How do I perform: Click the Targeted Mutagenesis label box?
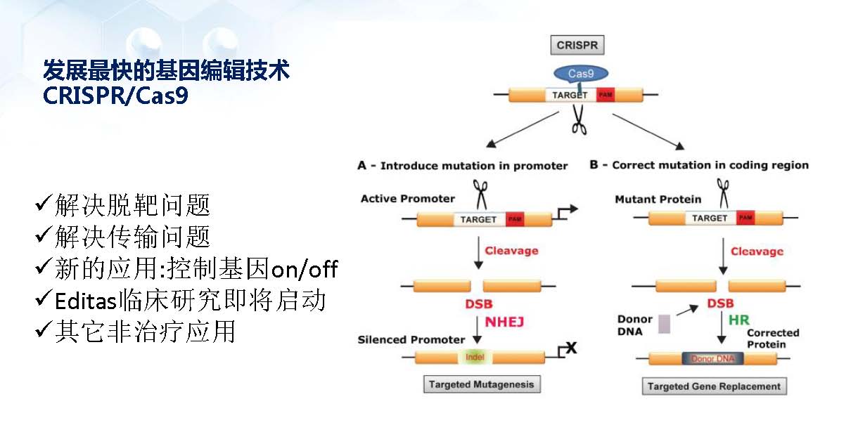tap(482, 384)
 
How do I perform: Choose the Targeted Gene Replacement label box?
tap(714, 386)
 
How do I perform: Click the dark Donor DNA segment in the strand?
tap(712, 358)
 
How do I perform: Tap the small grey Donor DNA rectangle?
tap(665, 325)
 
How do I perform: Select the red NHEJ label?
tap(505, 322)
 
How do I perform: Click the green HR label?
tap(738, 319)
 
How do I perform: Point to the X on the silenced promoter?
tap(571, 346)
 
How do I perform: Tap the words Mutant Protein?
tap(658, 199)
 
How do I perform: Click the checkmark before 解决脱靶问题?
tap(42, 205)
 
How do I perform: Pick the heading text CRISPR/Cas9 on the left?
tap(115, 96)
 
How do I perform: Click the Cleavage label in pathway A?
tap(512, 251)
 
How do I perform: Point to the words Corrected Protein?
tap(773, 339)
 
